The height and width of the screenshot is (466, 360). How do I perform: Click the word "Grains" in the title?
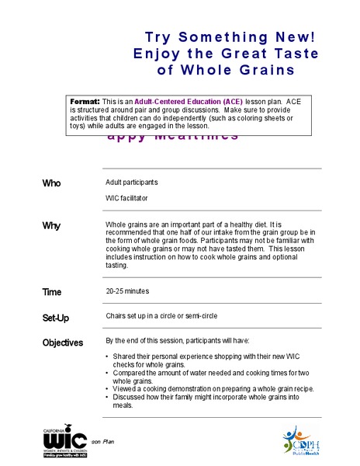pos(262,70)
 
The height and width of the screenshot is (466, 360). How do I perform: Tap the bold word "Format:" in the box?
pos(85,102)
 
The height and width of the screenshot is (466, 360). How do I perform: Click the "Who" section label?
pos(51,183)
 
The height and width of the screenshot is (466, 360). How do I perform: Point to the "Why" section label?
pos(51,225)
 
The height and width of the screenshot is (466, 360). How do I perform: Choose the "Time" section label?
pos(52,292)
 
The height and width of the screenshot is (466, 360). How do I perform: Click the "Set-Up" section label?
pos(57,318)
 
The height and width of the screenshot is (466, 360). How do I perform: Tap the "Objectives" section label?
pos(63,343)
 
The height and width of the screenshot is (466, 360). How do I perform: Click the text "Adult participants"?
pos(132,183)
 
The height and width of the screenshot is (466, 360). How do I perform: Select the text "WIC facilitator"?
pos(127,198)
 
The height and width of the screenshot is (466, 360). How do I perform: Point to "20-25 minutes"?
pos(128,291)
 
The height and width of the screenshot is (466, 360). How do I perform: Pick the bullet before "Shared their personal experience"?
pos(107,357)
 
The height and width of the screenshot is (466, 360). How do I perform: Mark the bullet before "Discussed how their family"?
pos(107,398)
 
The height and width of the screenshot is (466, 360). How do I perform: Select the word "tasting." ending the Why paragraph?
pos(118,266)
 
